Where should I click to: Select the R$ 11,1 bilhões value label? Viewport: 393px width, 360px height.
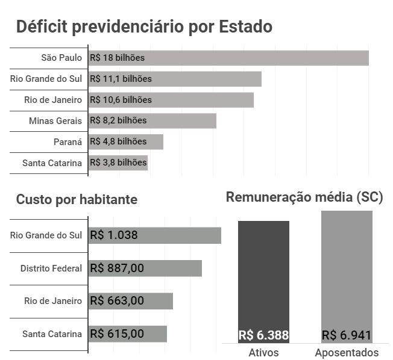coord(121,79)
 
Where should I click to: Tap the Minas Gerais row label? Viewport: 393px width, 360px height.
coord(55,120)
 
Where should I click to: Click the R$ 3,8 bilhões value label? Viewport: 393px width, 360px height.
coord(118,163)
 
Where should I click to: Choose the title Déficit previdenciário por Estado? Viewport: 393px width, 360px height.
coord(144,27)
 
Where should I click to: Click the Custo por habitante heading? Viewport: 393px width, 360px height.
coord(77,200)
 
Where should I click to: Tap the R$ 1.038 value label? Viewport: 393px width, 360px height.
coord(114,235)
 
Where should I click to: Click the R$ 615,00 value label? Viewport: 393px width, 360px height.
coord(117,334)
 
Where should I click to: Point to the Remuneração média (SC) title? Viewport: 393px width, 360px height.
coord(304,197)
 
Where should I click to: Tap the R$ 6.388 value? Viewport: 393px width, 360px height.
coord(263,335)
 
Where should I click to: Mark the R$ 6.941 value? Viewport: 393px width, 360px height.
coord(347,335)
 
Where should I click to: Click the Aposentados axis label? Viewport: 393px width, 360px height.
coord(347,353)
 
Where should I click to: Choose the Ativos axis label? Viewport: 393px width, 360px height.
coord(263,353)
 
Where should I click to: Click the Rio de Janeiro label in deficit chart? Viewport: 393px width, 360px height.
coord(53,100)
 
